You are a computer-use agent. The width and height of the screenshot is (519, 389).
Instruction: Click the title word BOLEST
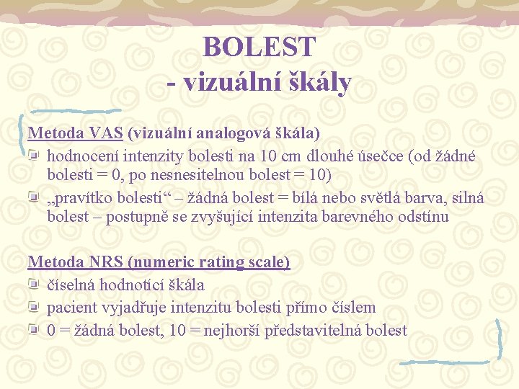coord(259,47)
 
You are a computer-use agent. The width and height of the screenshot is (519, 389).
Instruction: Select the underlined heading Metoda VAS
coord(76,133)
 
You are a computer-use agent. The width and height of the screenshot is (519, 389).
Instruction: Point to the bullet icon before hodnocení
coord(36,156)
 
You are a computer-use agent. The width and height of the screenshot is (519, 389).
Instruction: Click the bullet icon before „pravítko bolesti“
coord(36,198)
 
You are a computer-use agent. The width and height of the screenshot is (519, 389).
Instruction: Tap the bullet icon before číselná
coord(36,285)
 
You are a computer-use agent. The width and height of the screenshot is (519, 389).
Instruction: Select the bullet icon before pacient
coord(36,308)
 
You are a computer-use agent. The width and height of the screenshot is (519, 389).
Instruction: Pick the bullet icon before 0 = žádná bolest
coord(36,331)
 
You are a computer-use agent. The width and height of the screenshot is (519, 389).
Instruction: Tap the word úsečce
coord(382,156)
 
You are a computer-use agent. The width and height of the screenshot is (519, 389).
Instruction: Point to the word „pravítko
coord(79,198)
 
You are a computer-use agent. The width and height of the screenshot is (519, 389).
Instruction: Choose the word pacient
coord(72,308)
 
